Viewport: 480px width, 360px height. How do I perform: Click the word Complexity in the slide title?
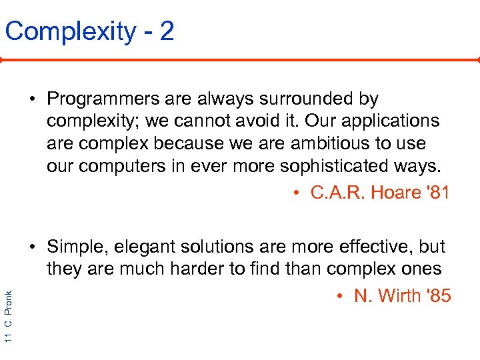point(69,31)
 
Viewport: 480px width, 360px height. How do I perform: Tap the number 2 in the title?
point(167,31)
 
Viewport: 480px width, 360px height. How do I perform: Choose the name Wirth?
point(399,296)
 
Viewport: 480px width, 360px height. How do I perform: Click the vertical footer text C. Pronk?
point(8,311)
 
